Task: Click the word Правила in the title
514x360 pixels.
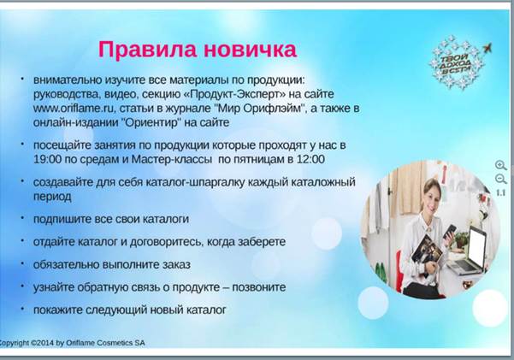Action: (147, 50)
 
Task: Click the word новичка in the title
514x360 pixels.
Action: (250, 50)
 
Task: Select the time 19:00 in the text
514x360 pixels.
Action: (48, 159)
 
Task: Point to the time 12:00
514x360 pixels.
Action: (310, 159)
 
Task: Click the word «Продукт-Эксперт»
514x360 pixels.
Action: (235, 94)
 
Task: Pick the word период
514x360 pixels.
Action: (52, 197)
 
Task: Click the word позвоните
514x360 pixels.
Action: (259, 287)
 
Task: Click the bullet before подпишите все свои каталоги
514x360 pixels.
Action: (22, 217)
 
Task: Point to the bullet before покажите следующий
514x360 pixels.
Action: (22, 308)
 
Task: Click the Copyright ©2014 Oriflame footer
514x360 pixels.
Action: (72, 343)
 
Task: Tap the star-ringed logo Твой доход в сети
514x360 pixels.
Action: (457, 62)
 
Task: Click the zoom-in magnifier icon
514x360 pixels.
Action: (501, 165)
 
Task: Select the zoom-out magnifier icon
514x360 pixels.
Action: (501, 180)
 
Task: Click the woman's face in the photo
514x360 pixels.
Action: (432, 197)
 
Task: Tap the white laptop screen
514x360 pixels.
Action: (477, 246)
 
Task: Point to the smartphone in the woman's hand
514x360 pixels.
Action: (449, 232)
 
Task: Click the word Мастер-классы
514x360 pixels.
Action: (171, 159)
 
